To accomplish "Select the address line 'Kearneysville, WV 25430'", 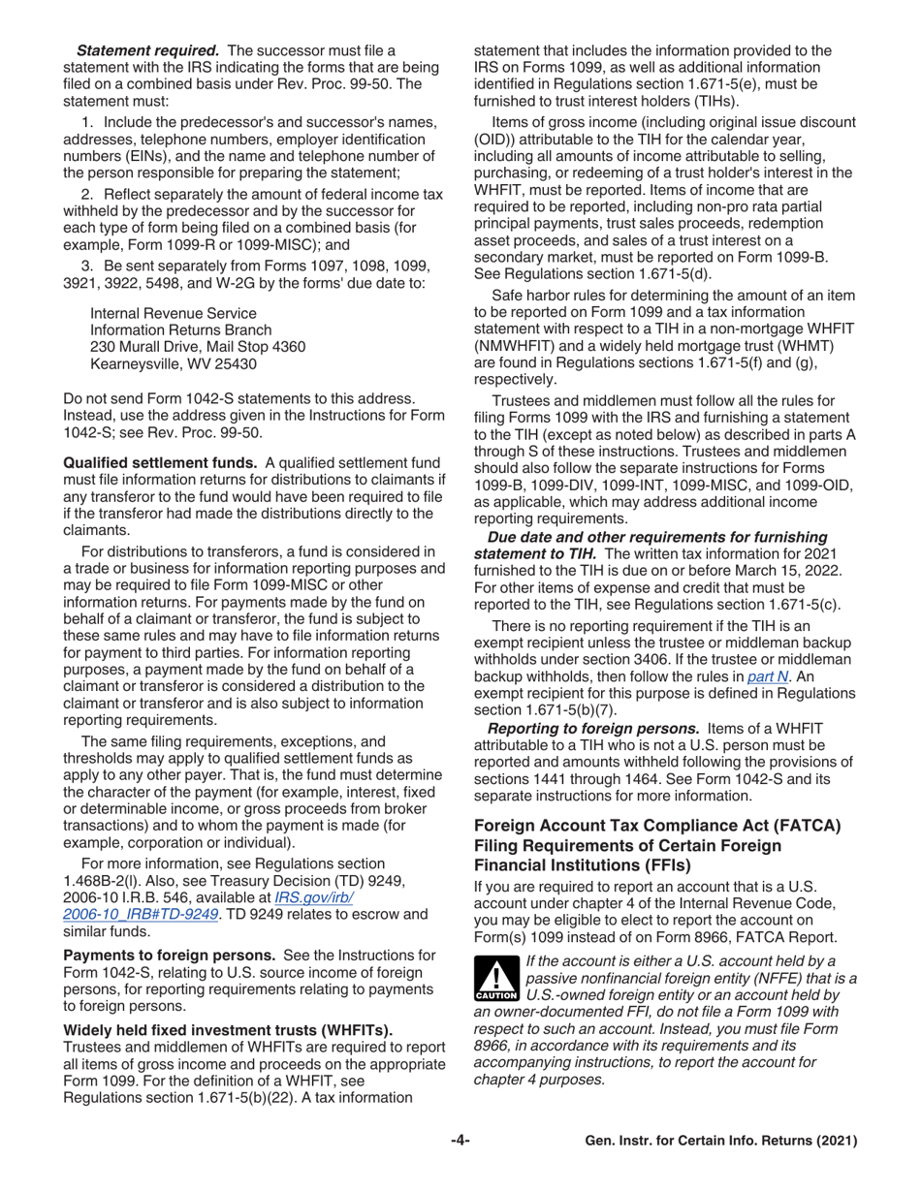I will click(173, 364).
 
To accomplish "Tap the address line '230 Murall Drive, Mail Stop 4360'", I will click(198, 347).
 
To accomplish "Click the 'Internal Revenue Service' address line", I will click(173, 313).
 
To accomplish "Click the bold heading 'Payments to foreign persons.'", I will click(170, 956).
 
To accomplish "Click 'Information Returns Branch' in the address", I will click(178, 330).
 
